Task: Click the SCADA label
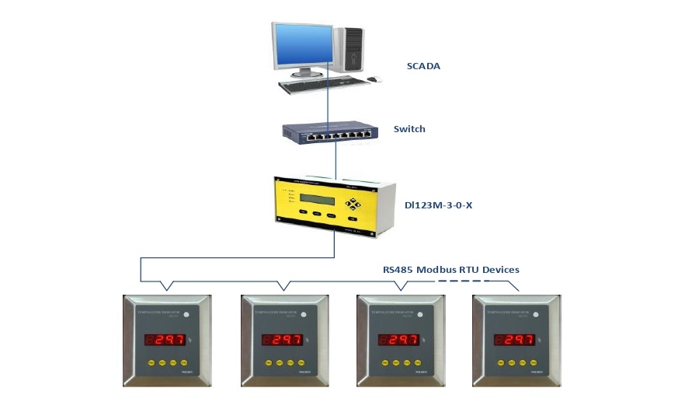(423, 66)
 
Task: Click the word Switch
(409, 129)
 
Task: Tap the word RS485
(398, 269)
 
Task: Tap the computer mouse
(374, 79)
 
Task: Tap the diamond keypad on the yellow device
(354, 204)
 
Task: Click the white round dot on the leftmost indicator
(190, 315)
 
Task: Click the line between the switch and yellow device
(335, 160)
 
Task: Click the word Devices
(500, 269)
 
